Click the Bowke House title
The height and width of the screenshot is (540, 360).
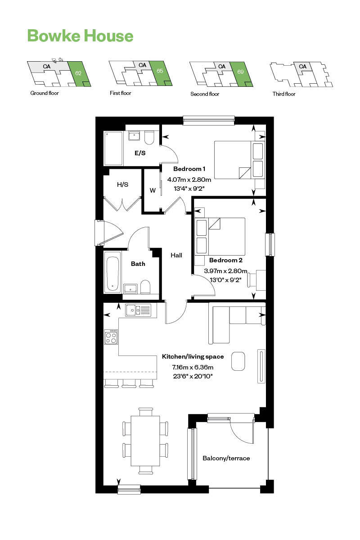pos(81,36)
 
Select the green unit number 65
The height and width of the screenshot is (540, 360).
pos(159,71)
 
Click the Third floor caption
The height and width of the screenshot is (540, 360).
pos(284,94)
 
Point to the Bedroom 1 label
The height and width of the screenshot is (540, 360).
pos(189,169)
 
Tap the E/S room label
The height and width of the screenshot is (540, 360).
pos(140,153)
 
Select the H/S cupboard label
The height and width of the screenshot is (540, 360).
pos(123,184)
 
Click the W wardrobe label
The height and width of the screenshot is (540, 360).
pos(153,190)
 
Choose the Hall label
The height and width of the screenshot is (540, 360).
pos(176,255)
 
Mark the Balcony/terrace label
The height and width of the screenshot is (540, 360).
pos(226,458)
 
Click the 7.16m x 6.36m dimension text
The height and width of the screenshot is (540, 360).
pos(193,367)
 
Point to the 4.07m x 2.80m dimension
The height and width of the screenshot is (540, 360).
pos(189,180)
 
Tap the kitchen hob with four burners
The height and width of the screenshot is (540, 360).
pos(111,337)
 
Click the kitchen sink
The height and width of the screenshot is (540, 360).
pos(138,310)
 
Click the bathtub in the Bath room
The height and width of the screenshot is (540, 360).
pos(112,272)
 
